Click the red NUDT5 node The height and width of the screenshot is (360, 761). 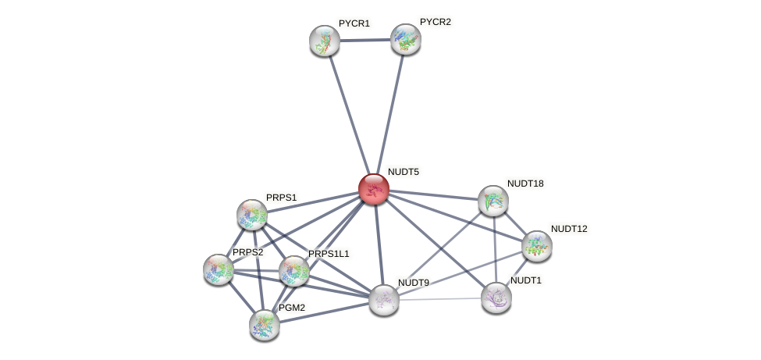(x=373, y=189)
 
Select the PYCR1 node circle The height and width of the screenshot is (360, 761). (x=325, y=41)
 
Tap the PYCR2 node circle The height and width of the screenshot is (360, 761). (x=406, y=39)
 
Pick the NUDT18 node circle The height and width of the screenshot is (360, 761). (x=493, y=201)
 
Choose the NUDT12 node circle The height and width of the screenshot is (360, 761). (x=537, y=246)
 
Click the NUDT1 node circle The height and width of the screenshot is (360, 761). (x=496, y=297)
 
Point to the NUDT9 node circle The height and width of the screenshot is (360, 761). (x=383, y=299)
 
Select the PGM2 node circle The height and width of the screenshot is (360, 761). (x=265, y=324)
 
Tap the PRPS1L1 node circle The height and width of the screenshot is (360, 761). (x=294, y=271)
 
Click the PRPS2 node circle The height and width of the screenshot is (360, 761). (x=219, y=269)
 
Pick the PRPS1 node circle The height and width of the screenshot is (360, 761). (x=252, y=214)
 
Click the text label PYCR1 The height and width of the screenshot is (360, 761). (x=354, y=23)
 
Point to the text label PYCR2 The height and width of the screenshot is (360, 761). (x=435, y=22)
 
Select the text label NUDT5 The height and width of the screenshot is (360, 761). (x=403, y=172)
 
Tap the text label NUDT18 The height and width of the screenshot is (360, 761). (x=525, y=184)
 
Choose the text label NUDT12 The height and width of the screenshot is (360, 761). (x=568, y=229)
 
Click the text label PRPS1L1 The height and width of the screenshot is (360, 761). (x=328, y=254)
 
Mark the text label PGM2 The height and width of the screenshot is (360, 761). (x=291, y=308)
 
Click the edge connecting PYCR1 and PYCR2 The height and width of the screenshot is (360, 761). (x=365, y=40)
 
